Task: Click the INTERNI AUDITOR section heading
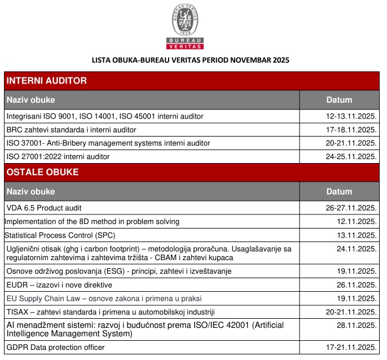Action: click(x=47, y=81)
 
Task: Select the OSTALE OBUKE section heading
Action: click(x=42, y=172)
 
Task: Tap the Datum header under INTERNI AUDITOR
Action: click(x=339, y=100)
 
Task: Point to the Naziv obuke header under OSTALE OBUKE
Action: click(x=31, y=191)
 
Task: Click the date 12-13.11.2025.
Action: click(x=351, y=116)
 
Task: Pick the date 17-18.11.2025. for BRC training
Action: click(x=351, y=130)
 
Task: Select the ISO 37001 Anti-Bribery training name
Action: click(x=108, y=143)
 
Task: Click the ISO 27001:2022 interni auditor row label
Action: click(x=58, y=156)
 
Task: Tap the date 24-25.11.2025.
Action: click(x=351, y=156)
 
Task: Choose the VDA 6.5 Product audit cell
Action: click(x=44, y=208)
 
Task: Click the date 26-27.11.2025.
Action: click(x=351, y=208)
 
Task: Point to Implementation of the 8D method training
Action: click(x=92, y=221)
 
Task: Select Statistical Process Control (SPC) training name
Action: click(x=64, y=235)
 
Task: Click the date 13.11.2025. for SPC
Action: click(x=357, y=235)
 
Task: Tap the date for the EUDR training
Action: click(x=357, y=284)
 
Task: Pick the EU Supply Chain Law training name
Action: click(x=104, y=298)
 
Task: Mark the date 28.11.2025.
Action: click(x=357, y=325)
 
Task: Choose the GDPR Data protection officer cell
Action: click(x=55, y=347)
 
